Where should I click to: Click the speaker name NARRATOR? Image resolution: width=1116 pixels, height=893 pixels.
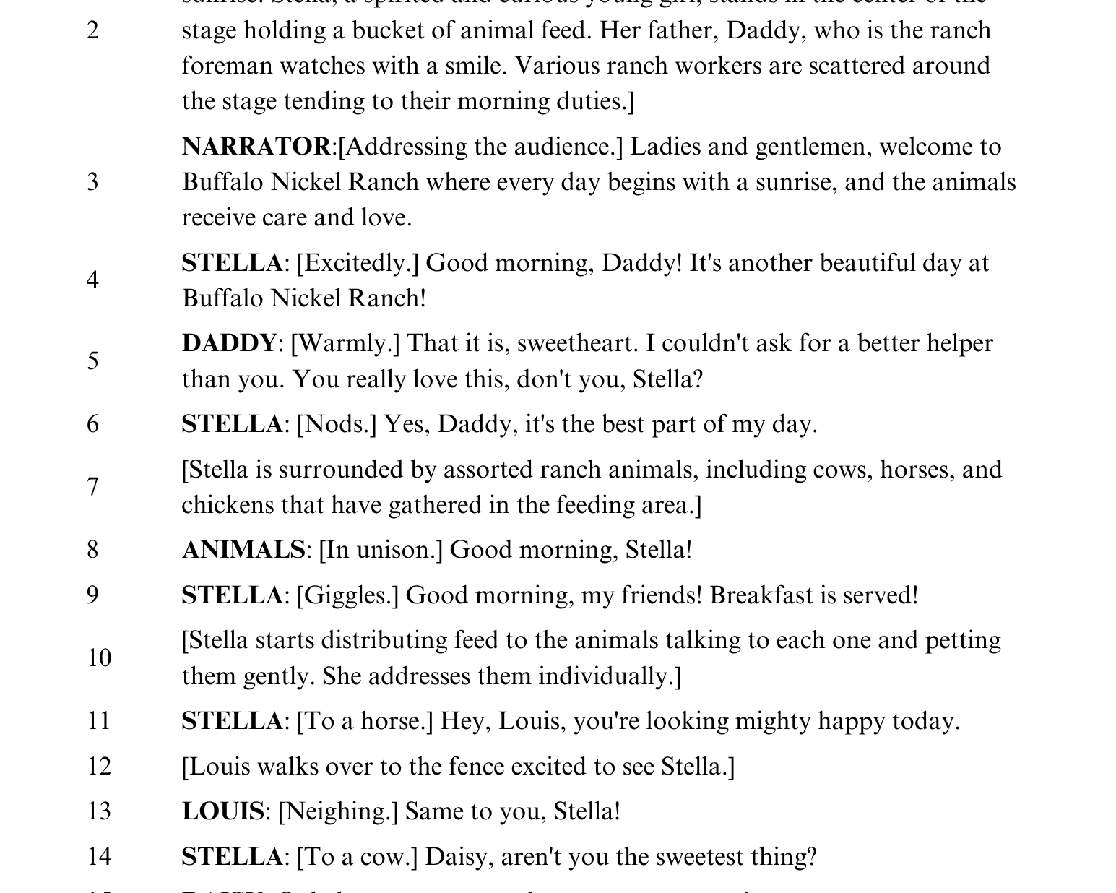click(256, 147)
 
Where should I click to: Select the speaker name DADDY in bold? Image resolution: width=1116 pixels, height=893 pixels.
click(229, 343)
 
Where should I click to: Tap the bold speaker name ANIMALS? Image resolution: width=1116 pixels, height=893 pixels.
click(243, 550)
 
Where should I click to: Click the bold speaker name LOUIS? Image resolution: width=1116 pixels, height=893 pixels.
click(222, 811)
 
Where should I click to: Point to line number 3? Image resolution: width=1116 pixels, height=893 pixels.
click(93, 182)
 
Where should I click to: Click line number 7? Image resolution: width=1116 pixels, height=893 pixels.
click(93, 487)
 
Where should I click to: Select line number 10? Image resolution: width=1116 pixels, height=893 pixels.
click(99, 658)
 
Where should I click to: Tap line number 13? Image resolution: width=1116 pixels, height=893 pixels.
click(99, 811)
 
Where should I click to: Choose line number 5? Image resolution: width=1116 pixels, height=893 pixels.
click(93, 361)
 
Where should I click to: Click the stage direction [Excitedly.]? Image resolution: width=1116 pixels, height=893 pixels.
click(358, 263)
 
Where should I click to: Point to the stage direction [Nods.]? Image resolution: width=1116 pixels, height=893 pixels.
click(337, 424)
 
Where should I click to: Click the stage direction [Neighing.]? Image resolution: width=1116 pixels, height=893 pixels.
click(338, 811)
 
